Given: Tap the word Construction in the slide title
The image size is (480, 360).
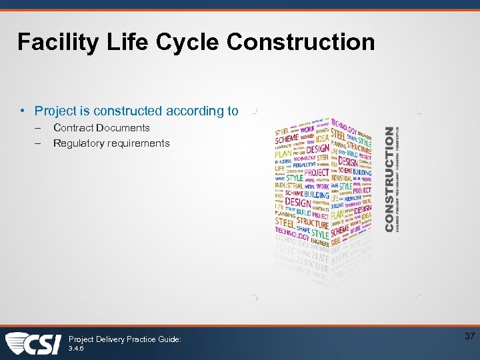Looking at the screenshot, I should (x=301, y=43).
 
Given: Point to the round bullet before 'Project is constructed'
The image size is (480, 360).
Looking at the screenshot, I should (x=23, y=111).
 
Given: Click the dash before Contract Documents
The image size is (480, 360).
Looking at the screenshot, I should (x=39, y=128).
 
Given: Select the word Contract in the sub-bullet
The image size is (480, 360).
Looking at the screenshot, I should (x=75, y=128).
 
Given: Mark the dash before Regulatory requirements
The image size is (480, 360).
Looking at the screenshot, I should (x=39, y=143).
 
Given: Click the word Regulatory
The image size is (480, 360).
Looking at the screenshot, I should (x=79, y=143).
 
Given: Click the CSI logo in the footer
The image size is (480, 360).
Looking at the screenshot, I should (x=33, y=343).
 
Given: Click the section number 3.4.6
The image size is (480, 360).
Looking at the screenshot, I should (x=77, y=349).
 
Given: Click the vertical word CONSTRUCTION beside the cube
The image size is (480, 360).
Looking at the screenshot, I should (x=389, y=179).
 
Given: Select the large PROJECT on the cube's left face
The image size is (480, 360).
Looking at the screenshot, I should (x=317, y=173).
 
